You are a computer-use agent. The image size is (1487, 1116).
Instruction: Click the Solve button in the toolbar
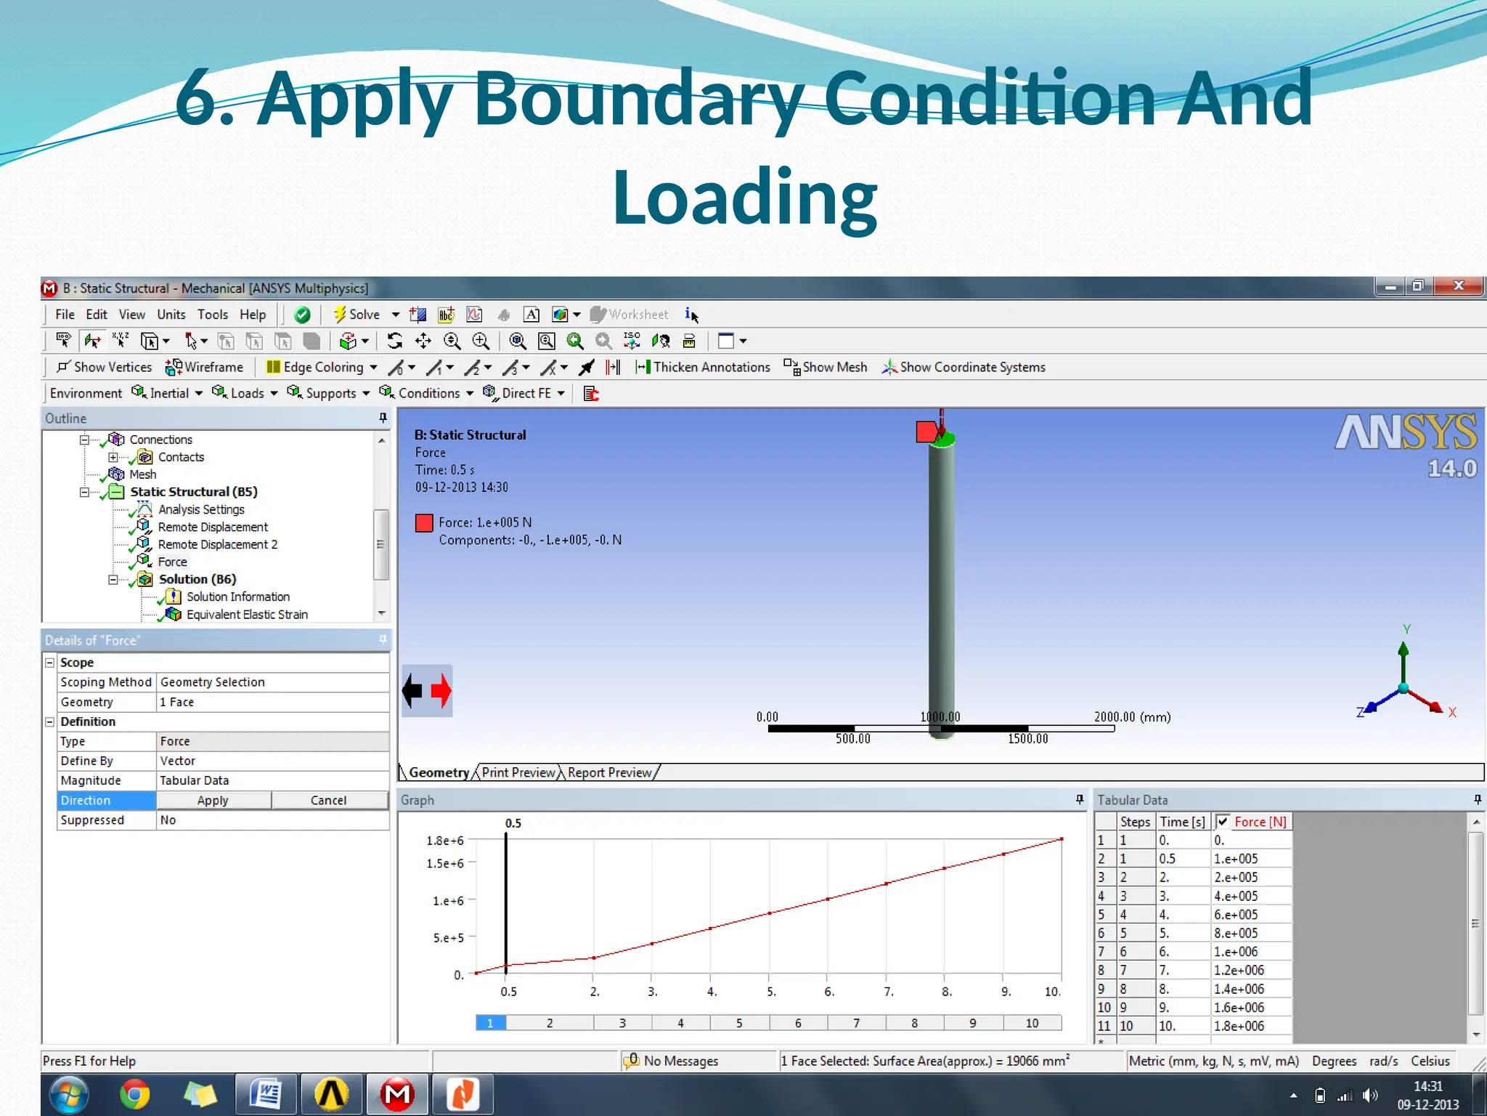357,315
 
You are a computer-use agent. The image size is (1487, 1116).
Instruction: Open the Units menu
171,315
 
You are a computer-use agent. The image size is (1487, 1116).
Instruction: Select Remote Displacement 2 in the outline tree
217,544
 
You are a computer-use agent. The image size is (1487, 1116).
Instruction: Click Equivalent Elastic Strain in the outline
247,615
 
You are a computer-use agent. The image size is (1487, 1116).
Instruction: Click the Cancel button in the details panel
328,800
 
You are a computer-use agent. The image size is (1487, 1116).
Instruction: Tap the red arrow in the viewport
441,691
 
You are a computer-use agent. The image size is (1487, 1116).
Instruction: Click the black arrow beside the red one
412,691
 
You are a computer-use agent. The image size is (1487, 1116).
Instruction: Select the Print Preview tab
518,772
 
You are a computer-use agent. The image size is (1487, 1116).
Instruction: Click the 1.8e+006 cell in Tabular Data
1239,1026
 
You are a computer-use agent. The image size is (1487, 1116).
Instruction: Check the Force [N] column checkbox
1223,822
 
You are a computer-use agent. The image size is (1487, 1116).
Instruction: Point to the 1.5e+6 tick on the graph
445,863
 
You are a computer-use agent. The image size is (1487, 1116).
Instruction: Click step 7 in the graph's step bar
856,1023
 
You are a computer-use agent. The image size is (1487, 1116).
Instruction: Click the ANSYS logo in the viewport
1406,434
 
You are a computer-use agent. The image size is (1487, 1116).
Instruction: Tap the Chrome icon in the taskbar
134,1094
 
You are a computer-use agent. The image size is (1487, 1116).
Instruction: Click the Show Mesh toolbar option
826,368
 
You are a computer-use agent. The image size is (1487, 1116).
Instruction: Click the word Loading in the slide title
744,198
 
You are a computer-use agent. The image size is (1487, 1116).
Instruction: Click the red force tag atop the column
926,432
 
